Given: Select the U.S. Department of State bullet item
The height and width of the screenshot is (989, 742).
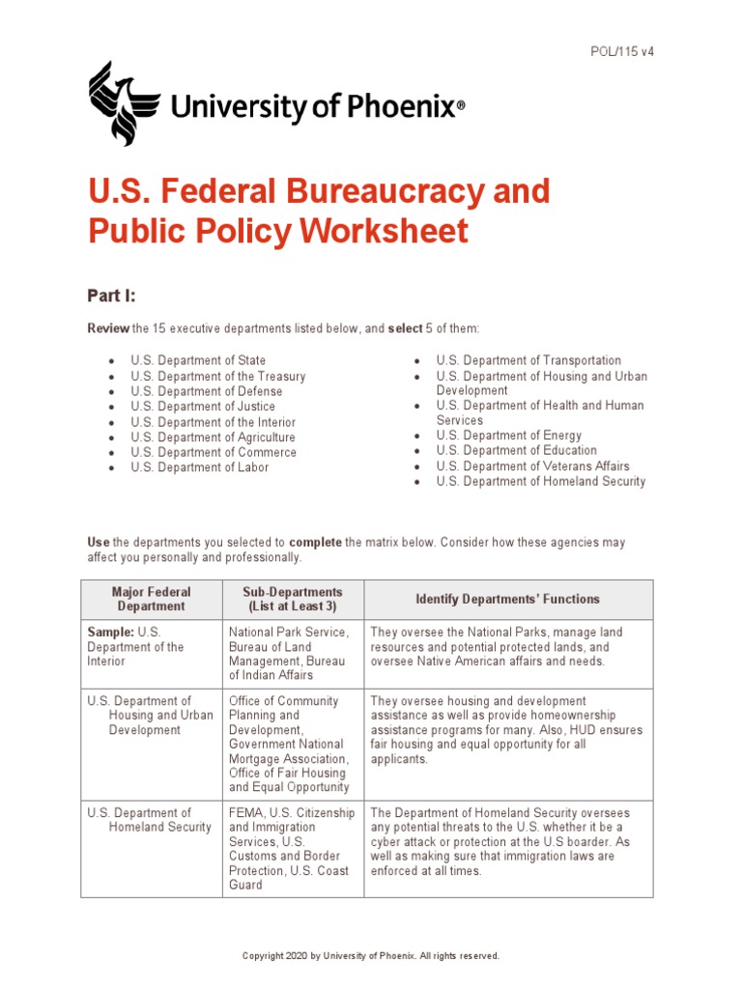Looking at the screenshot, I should click(198, 361).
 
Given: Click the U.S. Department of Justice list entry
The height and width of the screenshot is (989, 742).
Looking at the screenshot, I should click(203, 407).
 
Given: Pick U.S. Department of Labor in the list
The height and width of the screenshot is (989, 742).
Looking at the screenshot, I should click(200, 467).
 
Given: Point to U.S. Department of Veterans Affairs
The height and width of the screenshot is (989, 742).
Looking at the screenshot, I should click(532, 466).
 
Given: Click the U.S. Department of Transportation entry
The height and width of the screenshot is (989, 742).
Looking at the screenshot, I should click(528, 360).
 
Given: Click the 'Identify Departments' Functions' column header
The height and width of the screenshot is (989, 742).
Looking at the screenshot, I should click(507, 599).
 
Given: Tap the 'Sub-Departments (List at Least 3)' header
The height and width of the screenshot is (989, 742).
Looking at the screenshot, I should click(293, 599).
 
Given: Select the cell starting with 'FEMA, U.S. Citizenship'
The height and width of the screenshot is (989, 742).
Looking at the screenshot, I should click(292, 848).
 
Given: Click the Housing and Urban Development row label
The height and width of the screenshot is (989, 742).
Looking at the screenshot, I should click(150, 716).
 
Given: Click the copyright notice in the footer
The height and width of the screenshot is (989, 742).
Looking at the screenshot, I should click(370, 955).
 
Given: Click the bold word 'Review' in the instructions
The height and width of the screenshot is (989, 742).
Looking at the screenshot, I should click(108, 328).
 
